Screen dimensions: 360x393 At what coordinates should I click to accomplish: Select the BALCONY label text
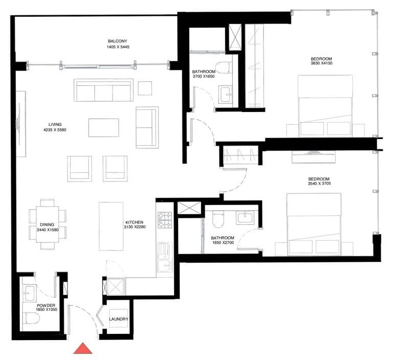coord(117,41)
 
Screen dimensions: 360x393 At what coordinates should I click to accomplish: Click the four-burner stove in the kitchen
coord(164,220)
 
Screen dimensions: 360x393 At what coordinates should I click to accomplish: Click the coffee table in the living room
coord(103,127)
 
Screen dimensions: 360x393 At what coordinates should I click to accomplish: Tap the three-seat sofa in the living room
coord(103,91)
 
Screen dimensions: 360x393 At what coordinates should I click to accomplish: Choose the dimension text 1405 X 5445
coord(117,48)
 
